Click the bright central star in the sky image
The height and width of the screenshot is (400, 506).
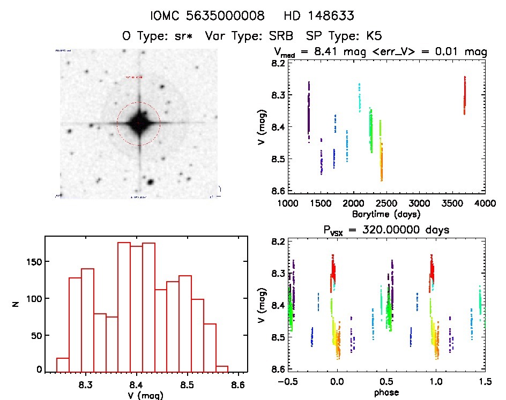click(x=139, y=123)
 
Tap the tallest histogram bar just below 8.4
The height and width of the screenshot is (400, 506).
click(x=124, y=305)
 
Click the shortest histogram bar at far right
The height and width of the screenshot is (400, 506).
click(x=222, y=368)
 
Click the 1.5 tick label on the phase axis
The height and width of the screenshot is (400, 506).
click(x=485, y=382)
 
